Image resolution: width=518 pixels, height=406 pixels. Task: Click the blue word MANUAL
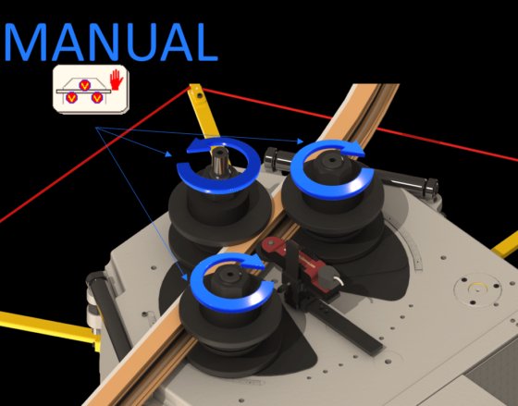(111, 43)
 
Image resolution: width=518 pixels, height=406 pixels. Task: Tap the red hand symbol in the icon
(117, 80)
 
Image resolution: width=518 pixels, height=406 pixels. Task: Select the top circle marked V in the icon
(85, 85)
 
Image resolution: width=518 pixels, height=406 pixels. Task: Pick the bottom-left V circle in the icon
(72, 97)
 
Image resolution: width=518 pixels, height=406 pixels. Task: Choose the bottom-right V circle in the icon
(97, 97)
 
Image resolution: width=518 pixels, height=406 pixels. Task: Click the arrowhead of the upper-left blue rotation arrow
(199, 146)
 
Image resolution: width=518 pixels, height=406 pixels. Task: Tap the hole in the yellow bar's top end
(199, 96)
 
